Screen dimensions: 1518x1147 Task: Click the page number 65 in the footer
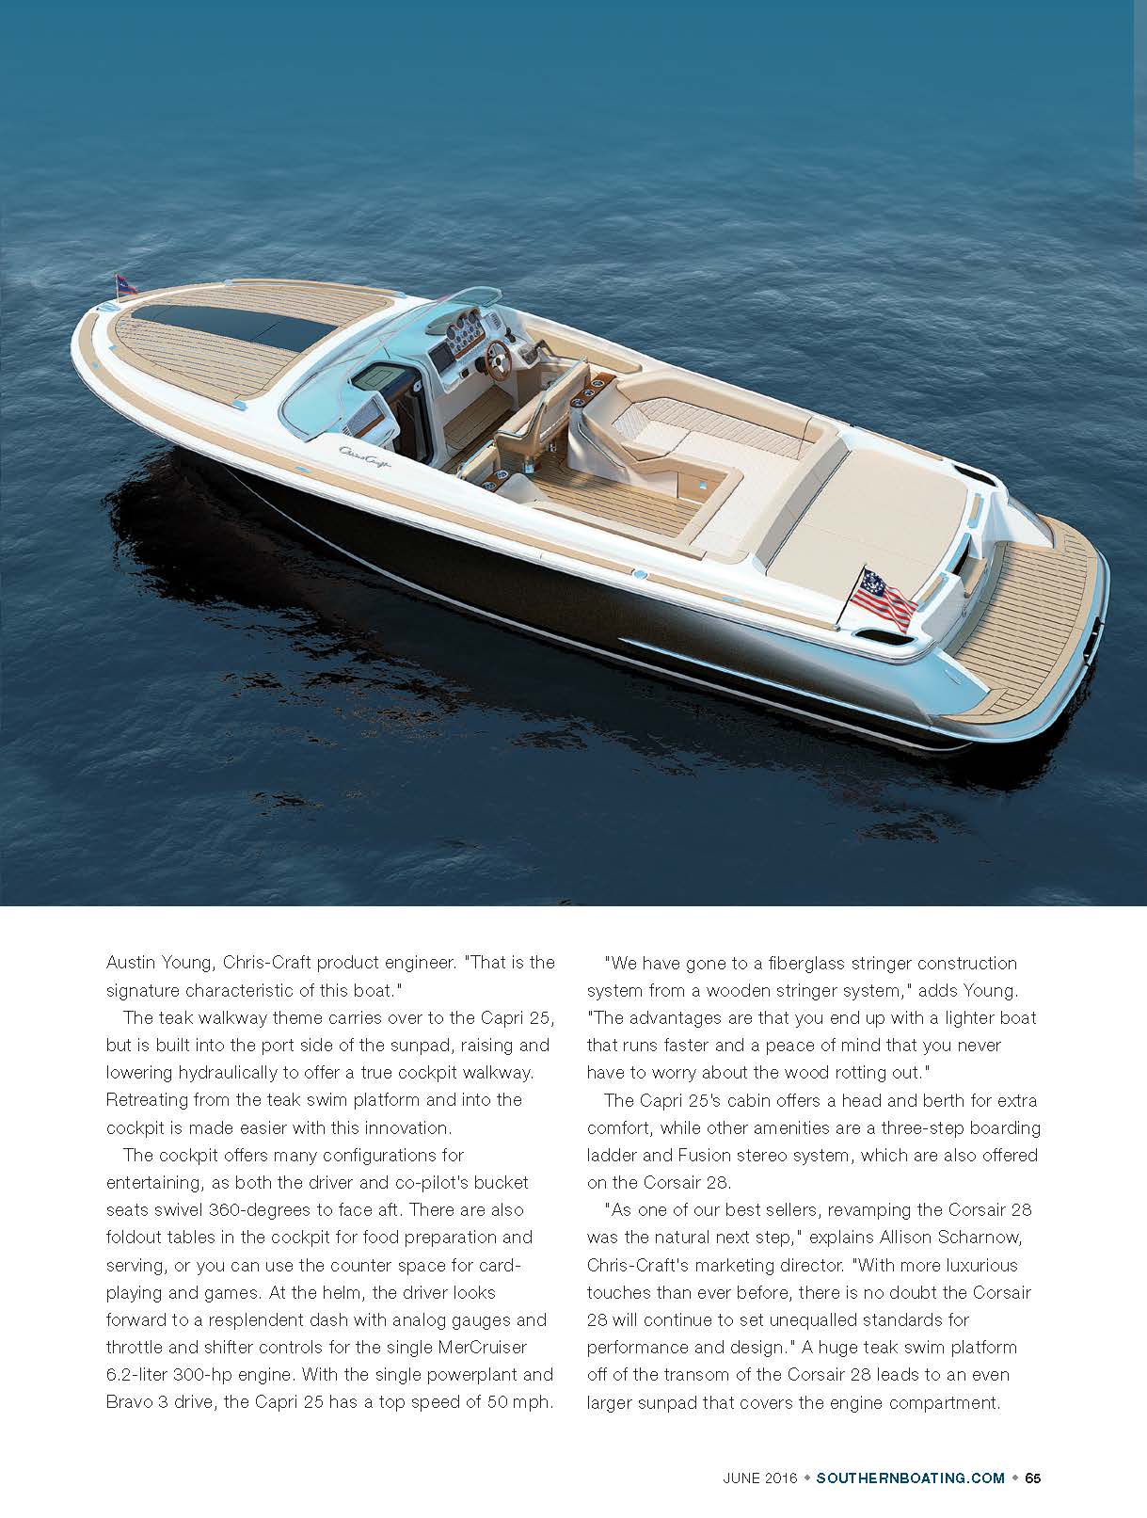coord(1032,1478)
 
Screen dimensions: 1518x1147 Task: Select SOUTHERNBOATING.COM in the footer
coord(911,1478)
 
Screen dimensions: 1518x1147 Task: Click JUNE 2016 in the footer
coord(759,1478)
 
